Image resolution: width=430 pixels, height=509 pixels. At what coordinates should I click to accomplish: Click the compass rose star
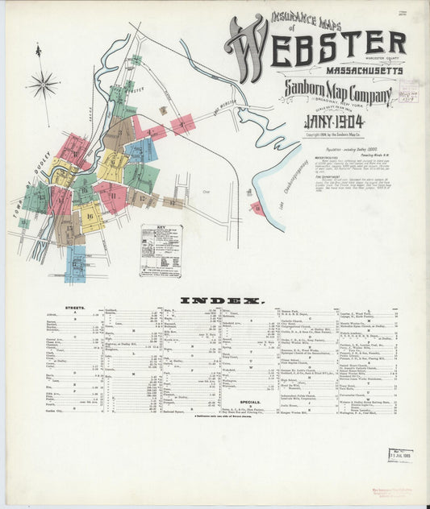click(x=43, y=84)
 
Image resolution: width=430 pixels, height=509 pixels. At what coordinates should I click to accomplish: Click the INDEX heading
click(x=220, y=300)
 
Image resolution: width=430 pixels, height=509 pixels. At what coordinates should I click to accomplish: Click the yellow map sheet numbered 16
click(x=90, y=215)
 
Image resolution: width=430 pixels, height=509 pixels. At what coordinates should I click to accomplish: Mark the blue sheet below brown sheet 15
click(x=75, y=263)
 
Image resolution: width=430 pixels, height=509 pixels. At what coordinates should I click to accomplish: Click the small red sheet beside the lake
click(x=257, y=209)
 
